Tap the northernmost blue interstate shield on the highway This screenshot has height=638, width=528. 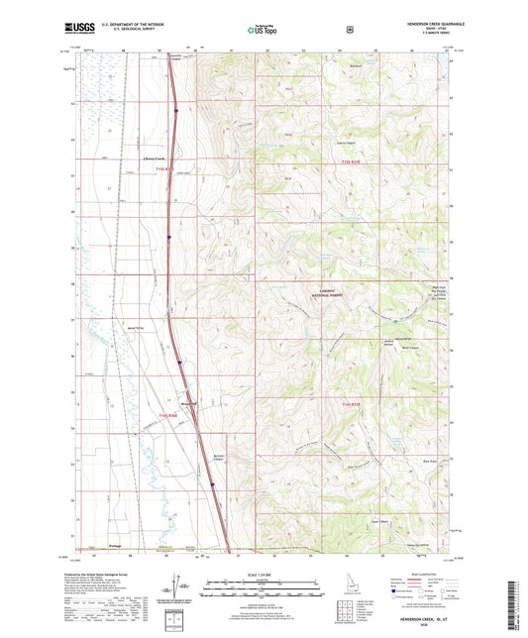pyautogui.click(x=174, y=112)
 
